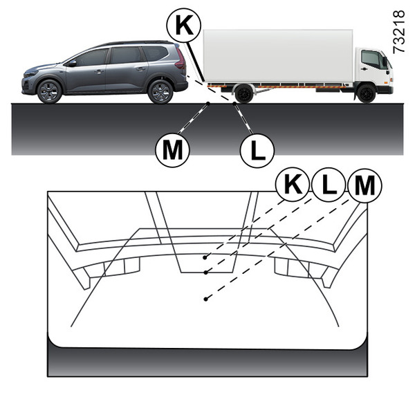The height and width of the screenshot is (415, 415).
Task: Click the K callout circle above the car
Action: (184, 25)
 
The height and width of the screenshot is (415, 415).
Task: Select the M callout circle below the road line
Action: (172, 150)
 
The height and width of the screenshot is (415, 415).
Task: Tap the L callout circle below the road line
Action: (257, 151)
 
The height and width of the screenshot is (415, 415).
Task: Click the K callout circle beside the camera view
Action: (293, 185)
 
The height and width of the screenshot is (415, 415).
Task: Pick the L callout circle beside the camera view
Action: (329, 185)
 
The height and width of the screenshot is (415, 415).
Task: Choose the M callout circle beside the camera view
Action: (365, 185)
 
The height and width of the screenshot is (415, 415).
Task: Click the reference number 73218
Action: (398, 32)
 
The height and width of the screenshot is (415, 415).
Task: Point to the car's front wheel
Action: (49, 91)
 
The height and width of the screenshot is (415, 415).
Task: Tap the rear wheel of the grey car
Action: (160, 91)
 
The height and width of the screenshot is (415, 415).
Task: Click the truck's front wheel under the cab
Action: (366, 93)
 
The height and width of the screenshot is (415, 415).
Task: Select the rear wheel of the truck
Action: (244, 93)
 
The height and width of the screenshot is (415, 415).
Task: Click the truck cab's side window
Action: (371, 59)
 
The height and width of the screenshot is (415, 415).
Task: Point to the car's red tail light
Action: (181, 59)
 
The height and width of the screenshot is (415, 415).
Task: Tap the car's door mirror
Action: (72, 63)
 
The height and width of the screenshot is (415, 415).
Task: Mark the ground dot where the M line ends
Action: (208, 104)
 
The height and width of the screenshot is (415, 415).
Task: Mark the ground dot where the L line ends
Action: (234, 104)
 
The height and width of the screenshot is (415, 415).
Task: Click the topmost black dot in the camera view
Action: (205, 257)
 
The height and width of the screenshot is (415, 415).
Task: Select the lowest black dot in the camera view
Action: (205, 299)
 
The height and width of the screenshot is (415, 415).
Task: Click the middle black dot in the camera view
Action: (205, 273)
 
